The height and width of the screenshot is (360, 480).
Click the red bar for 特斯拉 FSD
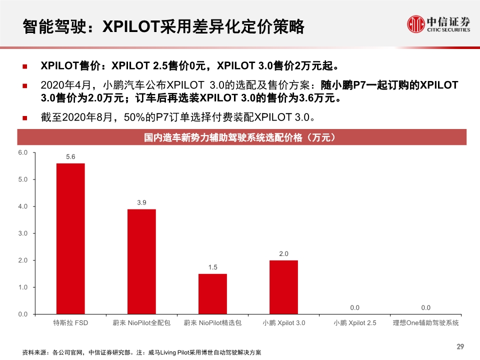(x=70, y=238)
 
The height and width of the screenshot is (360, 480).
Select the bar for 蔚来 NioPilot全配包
(x=141, y=261)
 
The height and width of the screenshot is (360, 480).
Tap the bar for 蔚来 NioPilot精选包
(x=212, y=294)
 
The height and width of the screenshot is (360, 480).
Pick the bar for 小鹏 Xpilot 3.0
(x=283, y=287)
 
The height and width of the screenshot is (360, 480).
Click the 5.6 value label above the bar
(x=70, y=157)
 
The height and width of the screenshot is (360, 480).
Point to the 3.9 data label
(x=141, y=202)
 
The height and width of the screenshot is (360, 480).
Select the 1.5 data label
(x=212, y=267)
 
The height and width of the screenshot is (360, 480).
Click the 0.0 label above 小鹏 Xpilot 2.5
(x=354, y=308)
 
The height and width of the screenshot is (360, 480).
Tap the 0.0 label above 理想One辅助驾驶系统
(x=425, y=308)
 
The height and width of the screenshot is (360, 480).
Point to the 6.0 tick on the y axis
(x=23, y=152)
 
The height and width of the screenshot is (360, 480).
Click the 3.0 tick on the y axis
(x=23, y=233)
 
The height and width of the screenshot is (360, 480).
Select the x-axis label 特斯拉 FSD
(x=70, y=323)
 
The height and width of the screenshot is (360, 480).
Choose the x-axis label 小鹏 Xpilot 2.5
(x=354, y=323)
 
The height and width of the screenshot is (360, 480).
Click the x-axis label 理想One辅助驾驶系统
(x=425, y=323)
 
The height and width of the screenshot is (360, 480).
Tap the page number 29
(x=460, y=346)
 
